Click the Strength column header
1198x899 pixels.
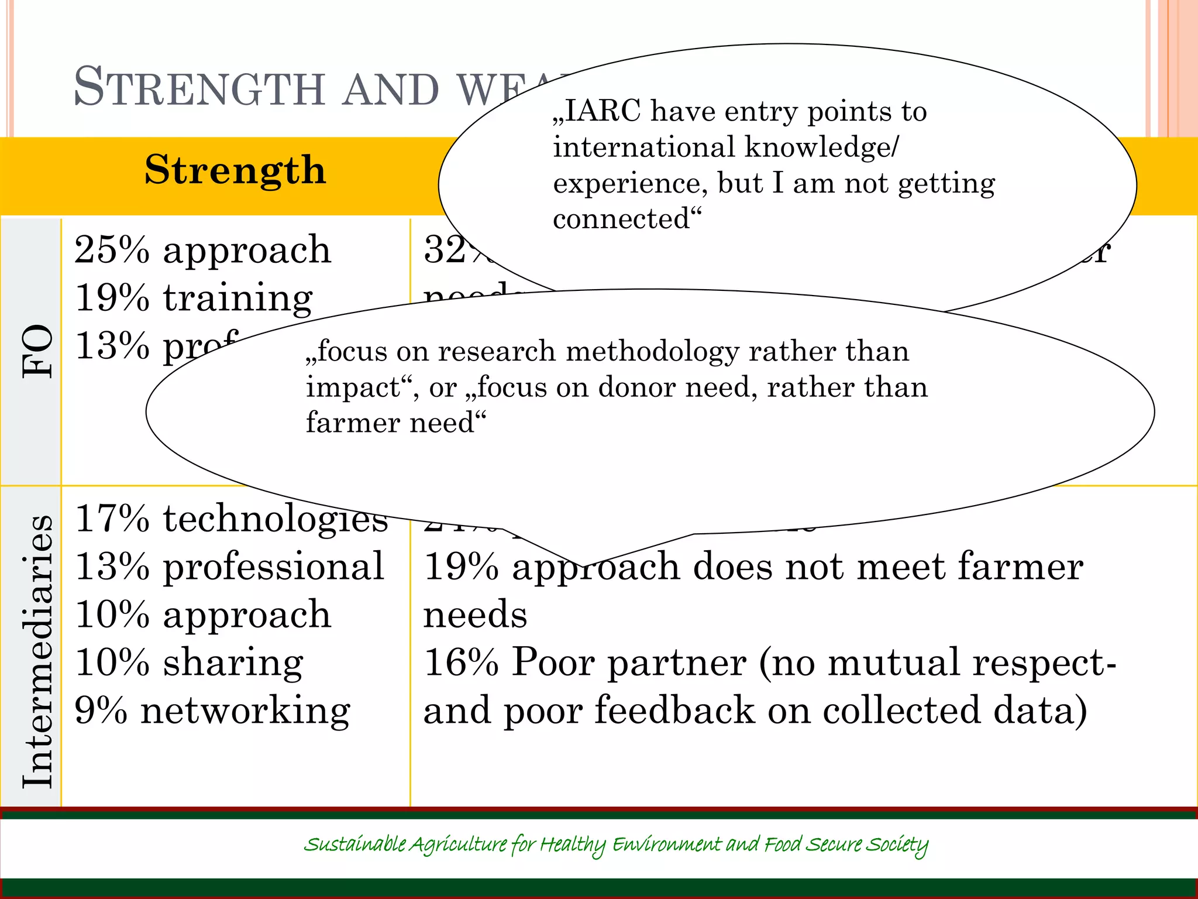(235, 170)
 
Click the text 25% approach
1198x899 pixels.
(202, 251)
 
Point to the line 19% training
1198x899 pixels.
(194, 298)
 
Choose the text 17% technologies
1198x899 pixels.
(231, 519)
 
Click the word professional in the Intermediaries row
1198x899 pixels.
(273, 567)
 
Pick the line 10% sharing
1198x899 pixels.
(189, 663)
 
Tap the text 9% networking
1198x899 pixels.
(212, 711)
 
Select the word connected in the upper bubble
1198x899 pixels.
(622, 219)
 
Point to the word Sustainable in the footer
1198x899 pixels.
(355, 845)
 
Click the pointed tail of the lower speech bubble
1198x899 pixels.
(582, 563)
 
